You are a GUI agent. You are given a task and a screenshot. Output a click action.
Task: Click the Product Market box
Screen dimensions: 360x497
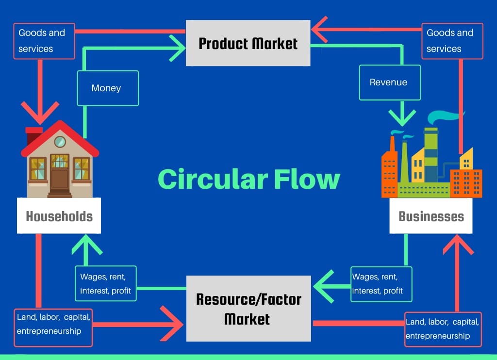click(248, 43)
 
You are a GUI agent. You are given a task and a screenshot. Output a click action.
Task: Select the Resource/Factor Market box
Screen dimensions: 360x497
click(248, 309)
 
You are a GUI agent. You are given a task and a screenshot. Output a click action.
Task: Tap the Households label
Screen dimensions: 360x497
click(59, 216)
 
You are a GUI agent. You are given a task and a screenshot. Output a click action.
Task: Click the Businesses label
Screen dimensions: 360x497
click(431, 216)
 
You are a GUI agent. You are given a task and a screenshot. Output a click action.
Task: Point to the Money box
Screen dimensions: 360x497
click(106, 88)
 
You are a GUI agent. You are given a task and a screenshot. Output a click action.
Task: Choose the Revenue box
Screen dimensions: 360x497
click(389, 82)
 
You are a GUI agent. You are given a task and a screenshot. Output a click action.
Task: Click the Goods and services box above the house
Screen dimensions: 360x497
click(44, 41)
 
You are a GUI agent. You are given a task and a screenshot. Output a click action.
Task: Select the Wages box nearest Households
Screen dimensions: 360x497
click(106, 284)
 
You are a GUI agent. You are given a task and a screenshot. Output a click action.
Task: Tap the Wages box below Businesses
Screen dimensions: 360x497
click(381, 284)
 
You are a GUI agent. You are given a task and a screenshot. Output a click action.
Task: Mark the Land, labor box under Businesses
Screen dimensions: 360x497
click(443, 329)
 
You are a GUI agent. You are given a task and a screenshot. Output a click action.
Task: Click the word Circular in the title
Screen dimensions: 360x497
click(213, 179)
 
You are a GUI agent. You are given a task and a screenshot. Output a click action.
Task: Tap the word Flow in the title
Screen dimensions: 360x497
click(307, 179)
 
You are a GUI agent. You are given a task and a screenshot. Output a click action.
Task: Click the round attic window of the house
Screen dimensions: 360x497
click(60, 142)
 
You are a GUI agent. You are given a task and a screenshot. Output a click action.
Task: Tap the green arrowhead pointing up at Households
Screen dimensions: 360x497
click(87, 243)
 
